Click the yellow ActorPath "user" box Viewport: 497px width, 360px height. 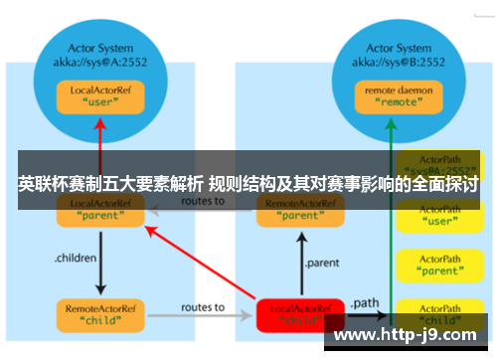438,216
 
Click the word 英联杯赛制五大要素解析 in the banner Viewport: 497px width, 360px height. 109,184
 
